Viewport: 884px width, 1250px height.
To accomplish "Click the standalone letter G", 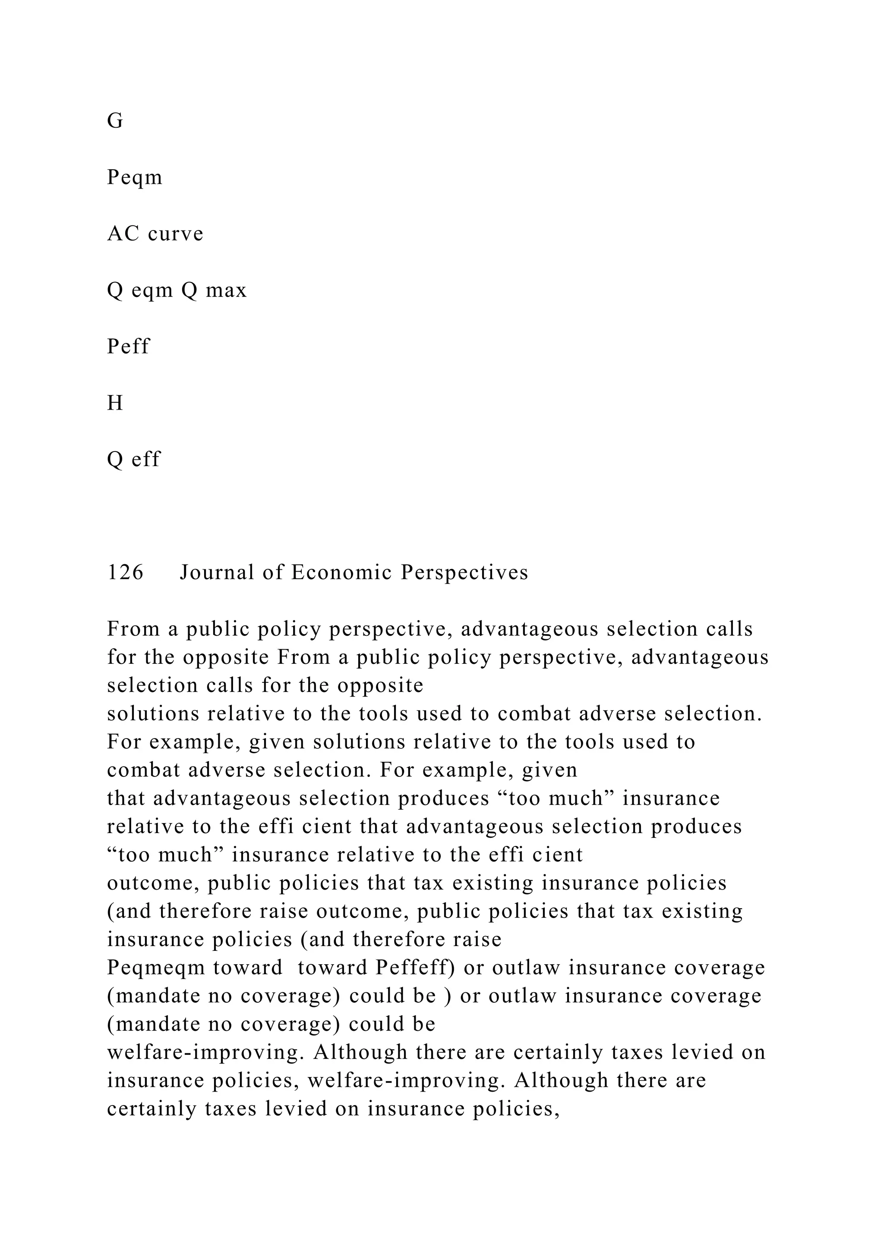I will click(115, 121).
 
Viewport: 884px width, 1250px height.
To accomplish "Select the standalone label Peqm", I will click(134, 177).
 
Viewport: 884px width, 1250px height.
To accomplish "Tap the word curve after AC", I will click(175, 234).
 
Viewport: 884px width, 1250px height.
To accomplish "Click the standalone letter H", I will click(115, 403).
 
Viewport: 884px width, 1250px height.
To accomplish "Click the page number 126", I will click(125, 572).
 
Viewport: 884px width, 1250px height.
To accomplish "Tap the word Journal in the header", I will click(217, 572).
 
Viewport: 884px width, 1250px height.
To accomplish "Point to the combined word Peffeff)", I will click(415, 967).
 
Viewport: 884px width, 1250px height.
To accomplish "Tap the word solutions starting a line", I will click(153, 714).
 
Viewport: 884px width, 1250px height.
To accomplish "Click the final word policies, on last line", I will click(517, 1108).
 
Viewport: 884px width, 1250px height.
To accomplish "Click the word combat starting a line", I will click(143, 770).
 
